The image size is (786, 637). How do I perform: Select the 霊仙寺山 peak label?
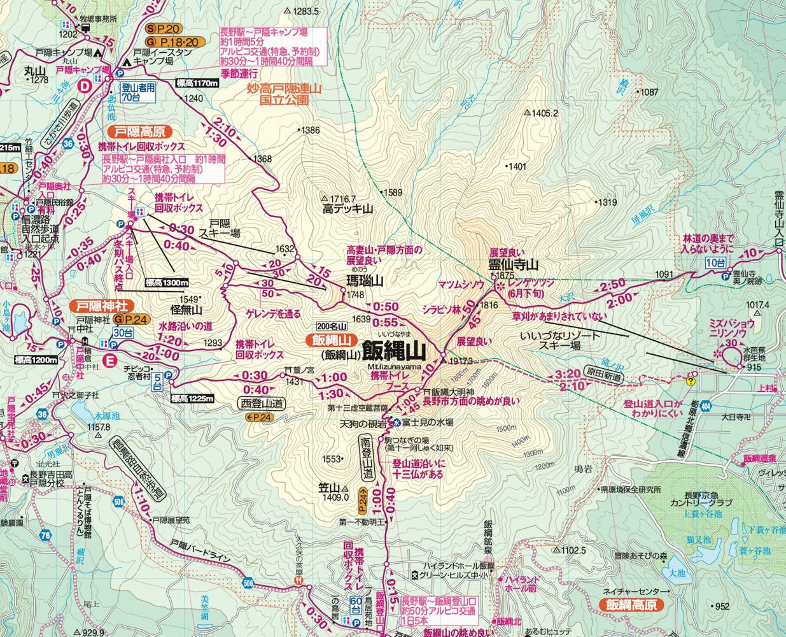[513, 264]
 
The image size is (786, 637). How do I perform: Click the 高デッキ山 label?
[347, 208]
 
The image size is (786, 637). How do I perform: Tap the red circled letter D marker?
[83, 87]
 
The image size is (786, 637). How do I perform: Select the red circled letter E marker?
[111, 362]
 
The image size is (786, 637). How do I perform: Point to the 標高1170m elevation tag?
[197, 83]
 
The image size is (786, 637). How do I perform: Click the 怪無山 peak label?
[186, 310]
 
